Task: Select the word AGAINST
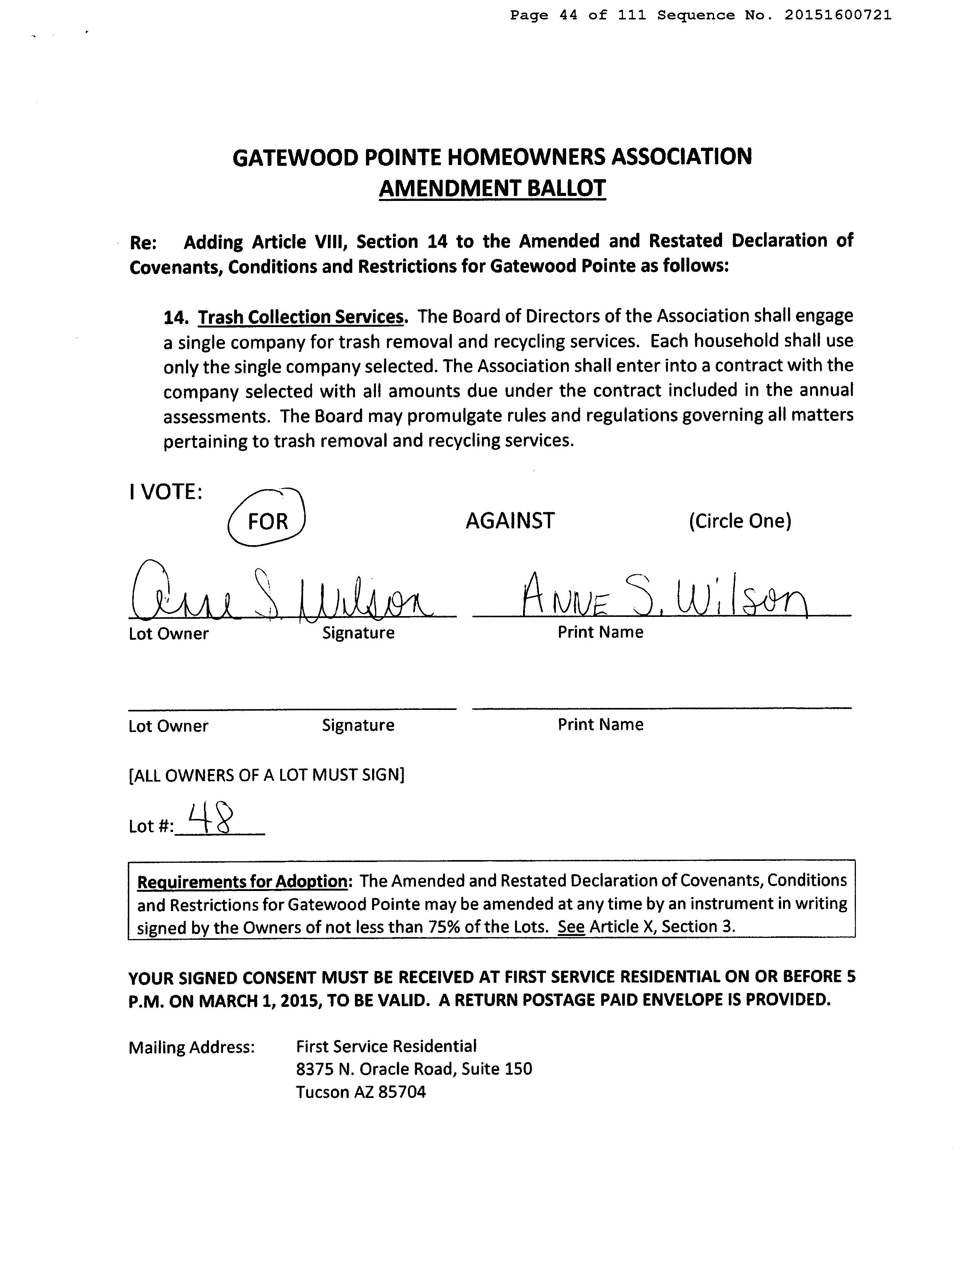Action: pyautogui.click(x=510, y=521)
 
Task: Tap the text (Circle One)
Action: pyautogui.click(x=739, y=521)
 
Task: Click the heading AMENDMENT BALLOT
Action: pyautogui.click(x=492, y=188)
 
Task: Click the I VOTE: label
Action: pyautogui.click(x=165, y=492)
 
